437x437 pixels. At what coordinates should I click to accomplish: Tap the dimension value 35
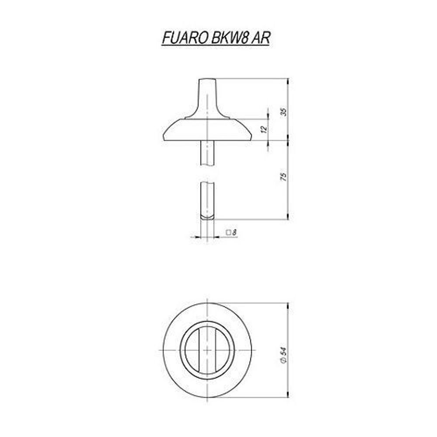pyautogui.click(x=284, y=111)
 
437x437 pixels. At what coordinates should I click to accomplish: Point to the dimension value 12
pyautogui.click(x=263, y=129)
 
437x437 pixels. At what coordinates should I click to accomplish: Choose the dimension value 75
pyautogui.click(x=284, y=177)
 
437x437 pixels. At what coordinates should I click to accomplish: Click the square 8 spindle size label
pyautogui.click(x=232, y=233)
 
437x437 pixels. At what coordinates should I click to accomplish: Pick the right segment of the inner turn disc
pyautogui.click(x=222, y=350)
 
